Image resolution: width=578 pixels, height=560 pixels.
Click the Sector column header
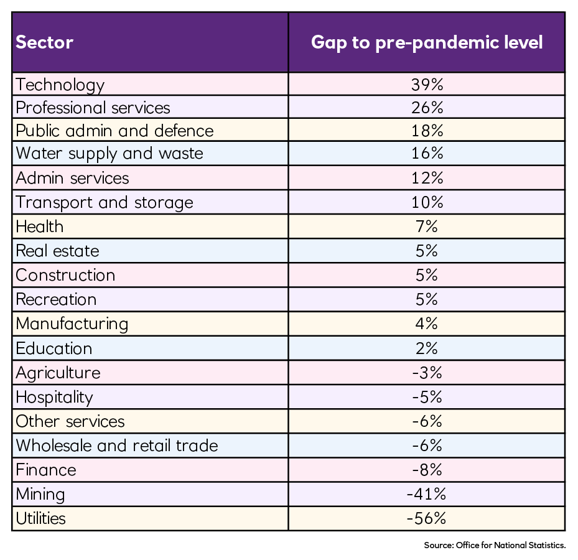click(45, 42)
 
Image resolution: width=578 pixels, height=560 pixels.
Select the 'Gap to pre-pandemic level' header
click(427, 42)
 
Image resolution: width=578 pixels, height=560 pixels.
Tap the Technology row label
click(60, 85)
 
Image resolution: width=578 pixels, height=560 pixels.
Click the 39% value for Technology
click(427, 85)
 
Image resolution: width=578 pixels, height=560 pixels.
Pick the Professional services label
click(93, 108)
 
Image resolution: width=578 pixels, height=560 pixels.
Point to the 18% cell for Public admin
click(427, 131)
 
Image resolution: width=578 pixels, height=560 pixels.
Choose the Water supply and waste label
click(110, 154)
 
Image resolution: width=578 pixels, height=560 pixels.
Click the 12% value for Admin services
click(427, 178)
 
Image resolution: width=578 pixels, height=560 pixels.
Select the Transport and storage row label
click(105, 202)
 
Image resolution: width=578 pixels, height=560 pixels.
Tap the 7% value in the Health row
click(427, 226)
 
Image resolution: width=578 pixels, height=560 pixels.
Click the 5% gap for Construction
click(427, 275)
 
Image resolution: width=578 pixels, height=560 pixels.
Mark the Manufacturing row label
click(72, 324)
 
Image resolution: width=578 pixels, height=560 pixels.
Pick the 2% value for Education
click(427, 348)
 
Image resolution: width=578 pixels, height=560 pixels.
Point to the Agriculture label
click(58, 373)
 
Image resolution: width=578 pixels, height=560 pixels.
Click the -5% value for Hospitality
click(427, 397)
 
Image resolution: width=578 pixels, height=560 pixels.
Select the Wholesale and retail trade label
click(117, 446)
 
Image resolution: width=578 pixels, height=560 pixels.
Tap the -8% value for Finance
click(427, 470)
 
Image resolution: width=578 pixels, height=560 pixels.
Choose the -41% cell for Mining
click(427, 494)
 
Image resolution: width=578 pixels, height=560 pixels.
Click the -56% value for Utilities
click(427, 518)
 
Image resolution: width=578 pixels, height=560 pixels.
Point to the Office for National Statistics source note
click(495, 546)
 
